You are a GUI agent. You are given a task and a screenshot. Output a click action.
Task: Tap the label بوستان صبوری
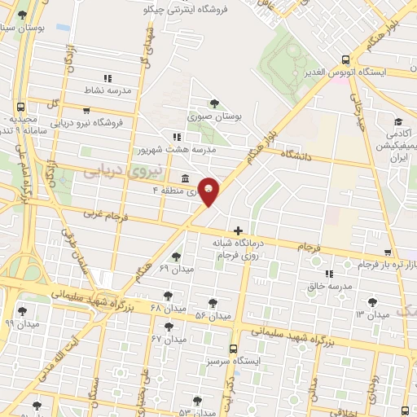coord(216,117)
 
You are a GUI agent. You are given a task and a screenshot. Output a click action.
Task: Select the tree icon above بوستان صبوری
coord(214,103)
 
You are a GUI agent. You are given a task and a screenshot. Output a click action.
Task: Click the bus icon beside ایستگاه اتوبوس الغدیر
coord(345,59)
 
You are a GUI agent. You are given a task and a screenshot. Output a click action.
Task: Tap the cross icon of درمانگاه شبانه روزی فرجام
coord(238,231)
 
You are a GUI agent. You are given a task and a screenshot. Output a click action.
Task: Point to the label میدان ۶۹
coord(174,268)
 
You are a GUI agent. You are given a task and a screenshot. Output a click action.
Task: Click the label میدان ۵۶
coord(214,315)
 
